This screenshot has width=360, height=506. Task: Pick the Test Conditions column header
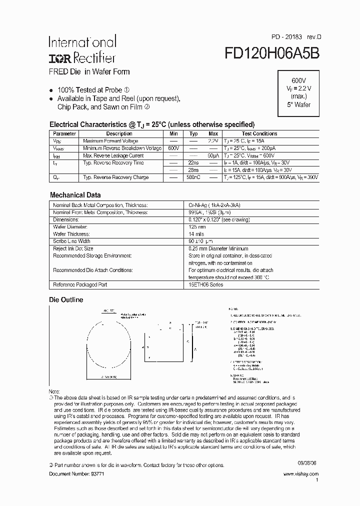[x=259, y=133]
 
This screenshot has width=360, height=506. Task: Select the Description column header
[x=119, y=133]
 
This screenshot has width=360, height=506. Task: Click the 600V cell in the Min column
[x=173, y=148]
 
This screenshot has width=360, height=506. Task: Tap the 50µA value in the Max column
[x=213, y=156]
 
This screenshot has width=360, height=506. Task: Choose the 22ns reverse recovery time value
[x=193, y=163]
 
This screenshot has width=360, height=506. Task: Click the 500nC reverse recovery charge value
[x=193, y=177]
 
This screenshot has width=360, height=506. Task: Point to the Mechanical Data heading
[x=75, y=195]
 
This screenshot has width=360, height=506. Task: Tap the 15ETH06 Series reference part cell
[x=205, y=284]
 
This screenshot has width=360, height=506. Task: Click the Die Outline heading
[x=65, y=300]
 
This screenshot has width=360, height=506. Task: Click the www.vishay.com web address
[x=300, y=473]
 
